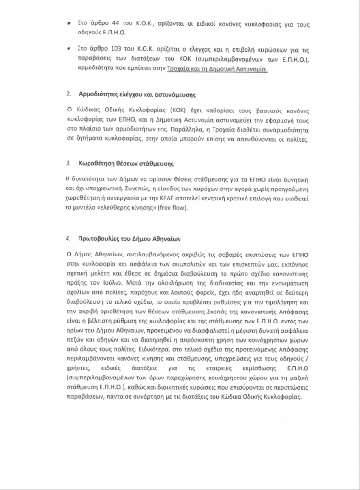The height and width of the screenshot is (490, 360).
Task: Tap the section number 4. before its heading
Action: pos(68,238)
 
